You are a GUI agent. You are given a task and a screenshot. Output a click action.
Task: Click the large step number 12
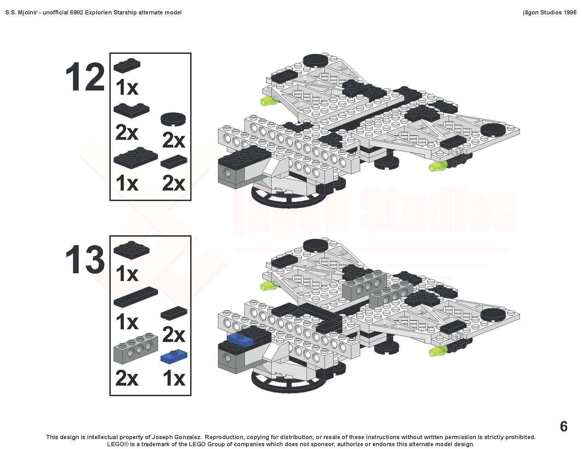tap(85, 77)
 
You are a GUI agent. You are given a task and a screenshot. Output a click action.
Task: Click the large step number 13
tap(85, 260)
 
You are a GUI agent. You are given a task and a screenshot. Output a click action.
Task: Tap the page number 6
tap(564, 426)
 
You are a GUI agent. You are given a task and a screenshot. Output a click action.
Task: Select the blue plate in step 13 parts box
tap(174, 356)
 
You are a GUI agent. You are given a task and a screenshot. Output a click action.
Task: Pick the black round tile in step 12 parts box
tap(173, 119)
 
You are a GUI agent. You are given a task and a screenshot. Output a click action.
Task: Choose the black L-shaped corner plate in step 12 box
tap(131, 110)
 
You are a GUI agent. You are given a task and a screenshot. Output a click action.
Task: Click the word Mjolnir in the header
tap(27, 13)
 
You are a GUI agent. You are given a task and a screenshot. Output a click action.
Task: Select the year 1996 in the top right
tap(569, 13)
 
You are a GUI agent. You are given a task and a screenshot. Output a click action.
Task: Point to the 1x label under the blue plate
tap(174, 379)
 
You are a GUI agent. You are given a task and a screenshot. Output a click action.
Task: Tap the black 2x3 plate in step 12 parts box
tap(135, 157)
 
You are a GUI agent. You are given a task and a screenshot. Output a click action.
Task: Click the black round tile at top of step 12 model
tap(315, 60)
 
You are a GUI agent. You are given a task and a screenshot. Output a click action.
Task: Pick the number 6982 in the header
tap(77, 13)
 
